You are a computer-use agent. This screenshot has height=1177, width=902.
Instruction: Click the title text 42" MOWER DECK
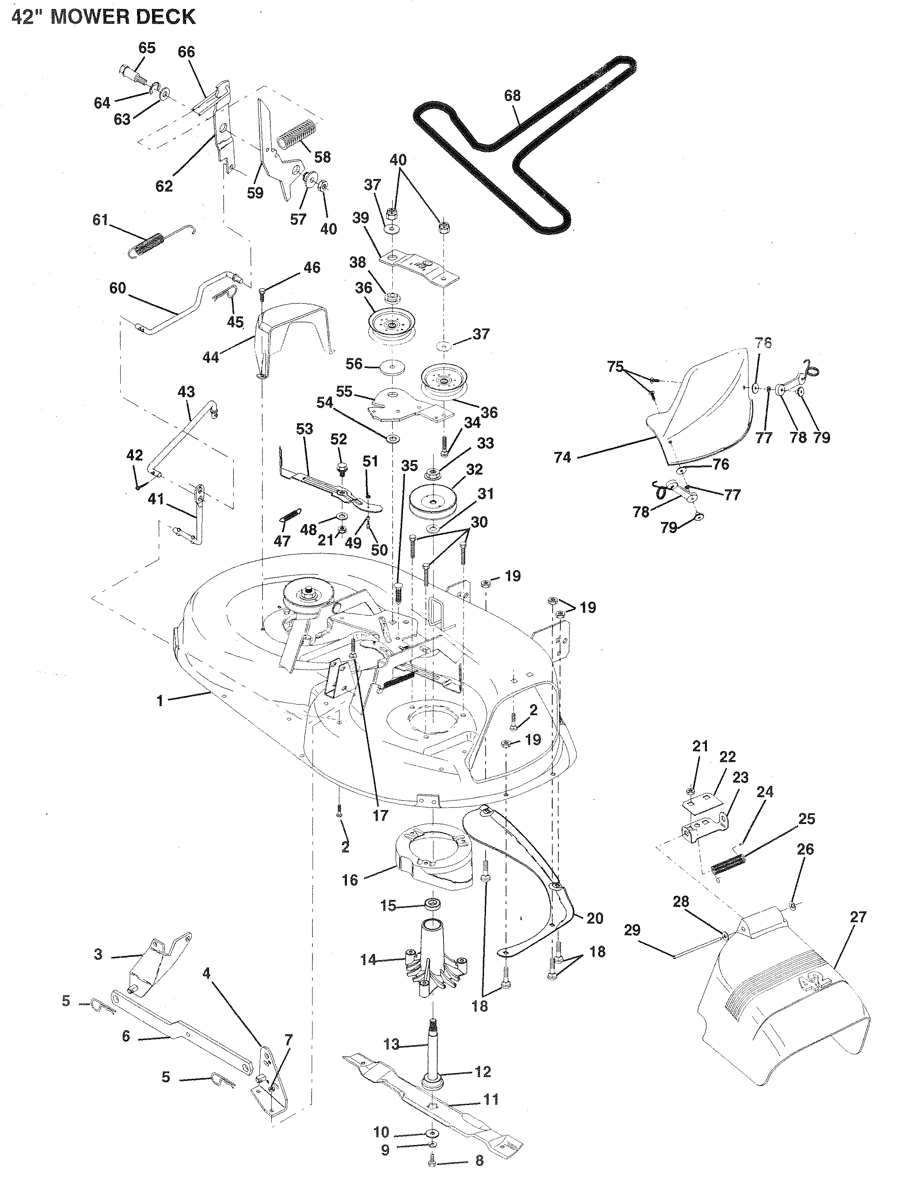click(x=103, y=17)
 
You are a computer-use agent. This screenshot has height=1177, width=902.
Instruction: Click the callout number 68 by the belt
click(x=512, y=96)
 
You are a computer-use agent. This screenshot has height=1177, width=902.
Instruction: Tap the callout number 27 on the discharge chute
click(x=858, y=916)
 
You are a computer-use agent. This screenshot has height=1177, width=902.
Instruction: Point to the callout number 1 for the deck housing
click(x=160, y=701)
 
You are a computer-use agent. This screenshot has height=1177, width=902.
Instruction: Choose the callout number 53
click(x=304, y=430)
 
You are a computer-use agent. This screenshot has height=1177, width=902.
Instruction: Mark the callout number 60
click(x=117, y=288)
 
